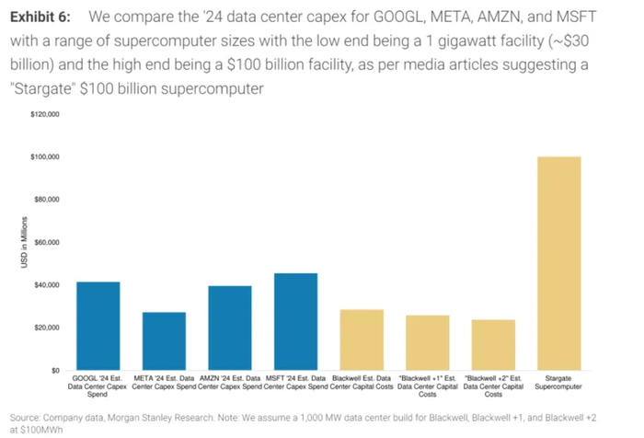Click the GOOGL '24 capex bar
tap(98, 326)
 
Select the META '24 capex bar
tap(164, 340)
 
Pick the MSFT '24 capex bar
tap(295, 321)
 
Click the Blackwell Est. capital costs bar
tap(362, 340)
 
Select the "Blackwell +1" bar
tap(427, 342)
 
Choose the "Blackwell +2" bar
tap(493, 344)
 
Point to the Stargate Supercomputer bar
tap(558, 263)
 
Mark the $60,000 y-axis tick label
tap(45, 243)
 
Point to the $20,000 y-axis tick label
tap(45, 328)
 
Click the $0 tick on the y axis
tap(52, 370)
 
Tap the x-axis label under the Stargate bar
tap(558, 383)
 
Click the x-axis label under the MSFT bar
tap(295, 383)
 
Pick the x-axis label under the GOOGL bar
tap(98, 383)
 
